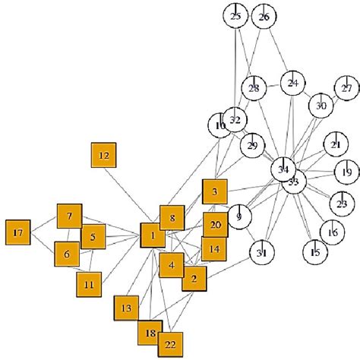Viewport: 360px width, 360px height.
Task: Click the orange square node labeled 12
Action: point(104,156)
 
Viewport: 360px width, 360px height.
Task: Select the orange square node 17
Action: point(17,232)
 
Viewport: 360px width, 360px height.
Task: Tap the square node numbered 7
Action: point(69,216)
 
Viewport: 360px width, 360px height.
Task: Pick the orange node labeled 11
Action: point(89,284)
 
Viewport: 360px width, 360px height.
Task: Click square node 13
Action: point(126,308)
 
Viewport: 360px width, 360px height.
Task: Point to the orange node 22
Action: point(170,343)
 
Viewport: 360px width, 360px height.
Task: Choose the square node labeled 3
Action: point(215,191)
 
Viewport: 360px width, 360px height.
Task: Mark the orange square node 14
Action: point(214,249)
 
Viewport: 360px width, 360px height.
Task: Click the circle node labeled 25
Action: point(235,16)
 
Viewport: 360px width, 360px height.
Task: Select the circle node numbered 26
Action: point(264,16)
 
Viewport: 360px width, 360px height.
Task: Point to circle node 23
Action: point(342,204)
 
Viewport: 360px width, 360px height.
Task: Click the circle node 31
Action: point(262,253)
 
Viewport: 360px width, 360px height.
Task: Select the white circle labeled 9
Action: point(240,217)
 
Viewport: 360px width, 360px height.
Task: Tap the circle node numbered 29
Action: point(252,144)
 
